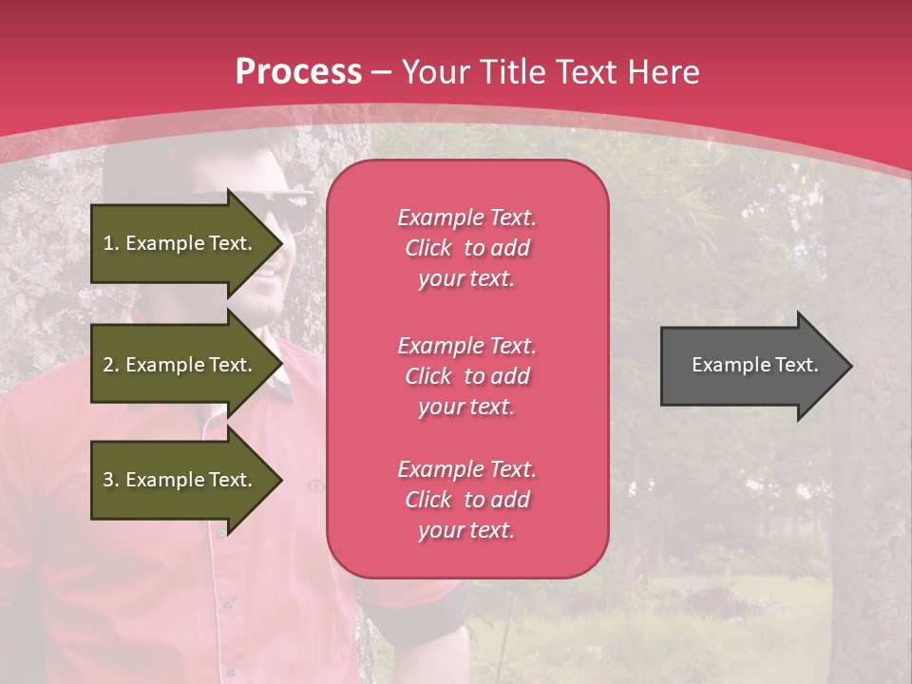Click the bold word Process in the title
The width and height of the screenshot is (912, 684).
point(298,72)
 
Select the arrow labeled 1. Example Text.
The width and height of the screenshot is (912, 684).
point(180,243)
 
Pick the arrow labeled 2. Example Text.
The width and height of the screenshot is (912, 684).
point(180,365)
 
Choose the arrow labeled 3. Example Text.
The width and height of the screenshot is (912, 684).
point(180,480)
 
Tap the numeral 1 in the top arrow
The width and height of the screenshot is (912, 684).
point(107,243)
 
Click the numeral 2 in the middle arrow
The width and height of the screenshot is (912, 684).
point(108,365)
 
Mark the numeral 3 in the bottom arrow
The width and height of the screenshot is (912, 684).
point(108,480)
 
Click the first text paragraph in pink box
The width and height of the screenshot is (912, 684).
point(466,248)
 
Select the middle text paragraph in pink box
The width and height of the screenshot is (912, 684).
point(466,376)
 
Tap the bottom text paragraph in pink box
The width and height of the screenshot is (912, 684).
point(466,500)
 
